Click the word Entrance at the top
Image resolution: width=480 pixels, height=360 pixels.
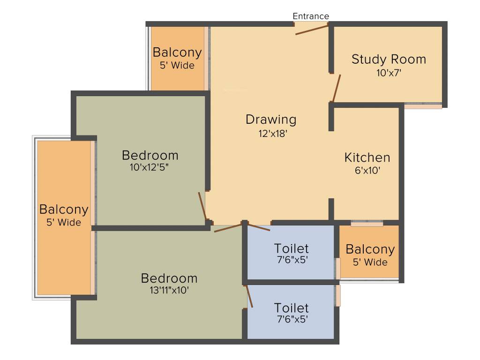pos(311,16)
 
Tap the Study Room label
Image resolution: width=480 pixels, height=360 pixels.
pos(389,60)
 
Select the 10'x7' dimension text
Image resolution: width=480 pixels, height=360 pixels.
pos(389,73)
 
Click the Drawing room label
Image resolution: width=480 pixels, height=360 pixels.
pos(271,120)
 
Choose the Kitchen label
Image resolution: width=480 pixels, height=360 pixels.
pos(367,157)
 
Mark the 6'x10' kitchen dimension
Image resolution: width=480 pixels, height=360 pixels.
pos(367,171)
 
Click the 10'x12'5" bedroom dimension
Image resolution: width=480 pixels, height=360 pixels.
pos(150,167)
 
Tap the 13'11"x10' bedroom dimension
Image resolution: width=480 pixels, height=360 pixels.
pos(169,290)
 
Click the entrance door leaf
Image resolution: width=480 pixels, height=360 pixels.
pos(312,30)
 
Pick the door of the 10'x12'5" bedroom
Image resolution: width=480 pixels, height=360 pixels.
pos(202,206)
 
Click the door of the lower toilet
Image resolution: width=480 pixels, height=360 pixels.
pos(249,296)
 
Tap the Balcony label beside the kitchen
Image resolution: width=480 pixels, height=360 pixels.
pos(370,249)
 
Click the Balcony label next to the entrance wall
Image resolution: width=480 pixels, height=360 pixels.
pos(177,52)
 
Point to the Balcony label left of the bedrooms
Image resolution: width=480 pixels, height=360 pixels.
pos(64,210)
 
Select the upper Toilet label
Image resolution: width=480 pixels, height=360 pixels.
pos(291,248)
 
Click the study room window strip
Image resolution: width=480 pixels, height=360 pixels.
pos(423,106)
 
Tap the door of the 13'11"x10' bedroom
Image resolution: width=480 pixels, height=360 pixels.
pos(228,228)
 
